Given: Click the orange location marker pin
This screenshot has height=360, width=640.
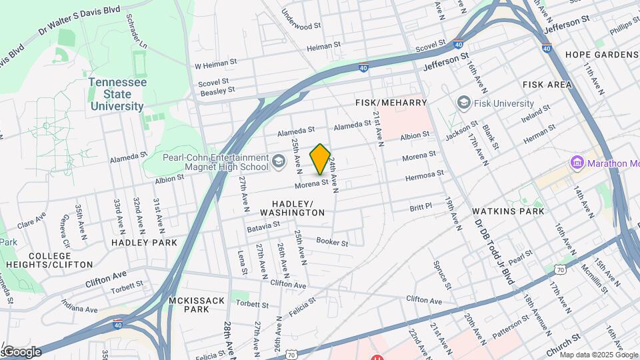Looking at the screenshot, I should click(320, 159).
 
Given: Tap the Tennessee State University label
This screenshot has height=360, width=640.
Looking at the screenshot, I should click(117, 93).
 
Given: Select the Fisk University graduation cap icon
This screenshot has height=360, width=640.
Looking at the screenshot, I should click(463, 103).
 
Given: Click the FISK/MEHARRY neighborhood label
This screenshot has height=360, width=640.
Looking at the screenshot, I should click(391, 103).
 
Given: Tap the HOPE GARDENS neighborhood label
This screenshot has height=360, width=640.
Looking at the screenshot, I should click(601, 55).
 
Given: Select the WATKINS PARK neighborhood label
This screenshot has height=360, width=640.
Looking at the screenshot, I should click(508, 211).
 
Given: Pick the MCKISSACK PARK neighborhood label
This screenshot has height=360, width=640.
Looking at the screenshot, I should click(197, 305).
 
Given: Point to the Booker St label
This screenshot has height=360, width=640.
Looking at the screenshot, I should click(332, 242).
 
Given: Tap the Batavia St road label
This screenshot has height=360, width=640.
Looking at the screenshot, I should click(263, 227).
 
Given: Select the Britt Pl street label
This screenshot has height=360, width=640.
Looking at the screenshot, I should click(421, 207).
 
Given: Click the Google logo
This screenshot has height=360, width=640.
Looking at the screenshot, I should click(21, 351).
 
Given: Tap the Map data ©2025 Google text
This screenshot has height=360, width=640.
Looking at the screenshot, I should click(598, 355).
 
